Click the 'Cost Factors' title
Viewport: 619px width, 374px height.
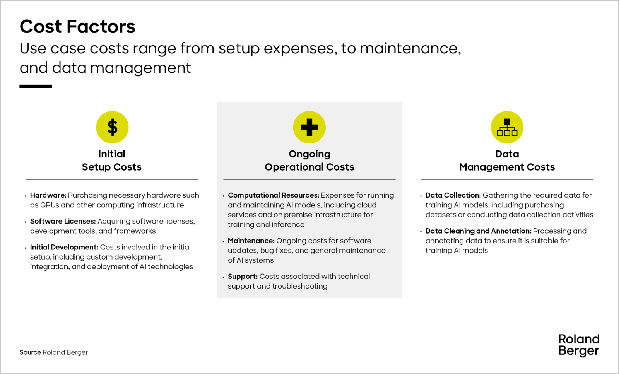pos(77,27)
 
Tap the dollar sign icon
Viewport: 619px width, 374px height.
pos(112,127)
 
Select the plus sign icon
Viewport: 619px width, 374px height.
pos(309,127)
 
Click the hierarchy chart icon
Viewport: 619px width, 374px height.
pos(507,127)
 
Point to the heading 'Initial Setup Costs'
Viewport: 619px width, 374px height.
pos(112,161)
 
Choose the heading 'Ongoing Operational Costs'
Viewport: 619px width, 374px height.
pos(309,161)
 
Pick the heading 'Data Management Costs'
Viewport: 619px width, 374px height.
pos(507,161)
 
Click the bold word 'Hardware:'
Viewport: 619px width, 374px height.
pos(48,195)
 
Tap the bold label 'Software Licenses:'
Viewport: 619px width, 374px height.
pos(63,221)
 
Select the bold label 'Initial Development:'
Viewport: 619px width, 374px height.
pos(64,247)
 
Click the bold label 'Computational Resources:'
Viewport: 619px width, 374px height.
pos(273,195)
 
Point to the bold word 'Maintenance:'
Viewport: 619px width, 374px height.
pos(251,241)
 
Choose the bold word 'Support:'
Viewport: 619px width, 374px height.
pos(243,277)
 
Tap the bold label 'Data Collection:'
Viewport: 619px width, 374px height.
pos(453,195)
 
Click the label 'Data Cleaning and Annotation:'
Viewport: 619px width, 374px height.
pos(478,231)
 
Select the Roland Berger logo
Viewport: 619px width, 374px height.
pos(579,345)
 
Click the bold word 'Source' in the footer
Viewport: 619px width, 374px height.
pos(30,352)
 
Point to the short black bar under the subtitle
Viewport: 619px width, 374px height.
pos(36,87)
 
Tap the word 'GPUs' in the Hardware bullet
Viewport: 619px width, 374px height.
pos(50,205)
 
